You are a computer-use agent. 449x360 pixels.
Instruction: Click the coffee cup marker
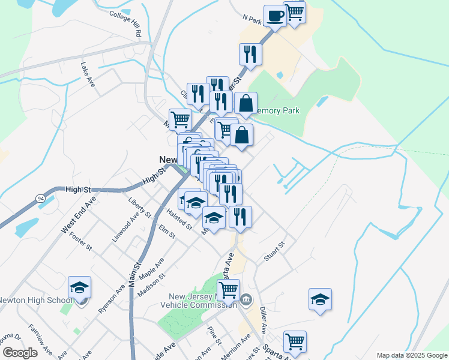pyautogui.click(x=275, y=16)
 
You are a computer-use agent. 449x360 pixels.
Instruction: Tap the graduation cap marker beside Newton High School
pyautogui.click(x=79, y=289)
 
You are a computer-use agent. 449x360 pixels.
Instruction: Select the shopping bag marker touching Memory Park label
pyautogui.click(x=246, y=104)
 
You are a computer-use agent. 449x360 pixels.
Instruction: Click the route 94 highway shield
pyautogui.click(x=40, y=197)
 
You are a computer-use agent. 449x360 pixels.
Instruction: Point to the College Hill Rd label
pyautogui.click(x=125, y=22)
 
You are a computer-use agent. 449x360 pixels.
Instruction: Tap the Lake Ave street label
pyautogui.click(x=88, y=74)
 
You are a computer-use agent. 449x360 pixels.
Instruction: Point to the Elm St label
pyautogui.click(x=167, y=232)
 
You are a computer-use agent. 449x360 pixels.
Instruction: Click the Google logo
pyautogui.click(x=20, y=353)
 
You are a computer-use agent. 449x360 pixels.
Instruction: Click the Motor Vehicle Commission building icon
pyautogui.click(x=246, y=299)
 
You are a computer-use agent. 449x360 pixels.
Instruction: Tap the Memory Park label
pyautogui.click(x=277, y=111)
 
